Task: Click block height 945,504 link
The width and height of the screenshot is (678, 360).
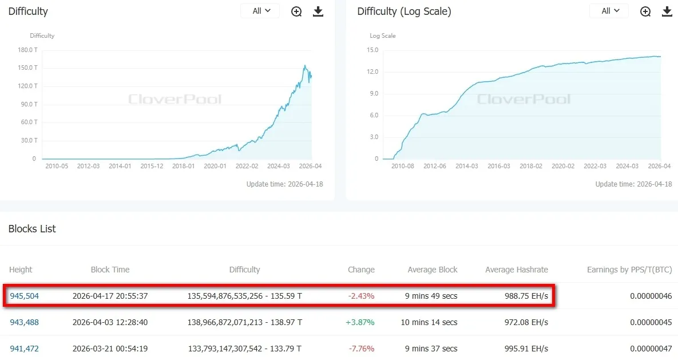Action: tap(25, 296)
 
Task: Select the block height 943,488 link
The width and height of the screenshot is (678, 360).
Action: tap(25, 322)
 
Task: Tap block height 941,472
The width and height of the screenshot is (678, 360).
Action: tap(25, 349)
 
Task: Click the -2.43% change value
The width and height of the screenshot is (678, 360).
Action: tap(362, 296)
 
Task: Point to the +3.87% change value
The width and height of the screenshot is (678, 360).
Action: tap(360, 322)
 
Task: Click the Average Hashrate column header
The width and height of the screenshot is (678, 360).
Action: tap(516, 270)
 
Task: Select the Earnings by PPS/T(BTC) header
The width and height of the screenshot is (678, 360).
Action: tap(629, 270)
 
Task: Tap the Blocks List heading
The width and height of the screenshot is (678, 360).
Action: tap(32, 229)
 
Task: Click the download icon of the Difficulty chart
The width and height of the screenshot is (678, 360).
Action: tap(318, 11)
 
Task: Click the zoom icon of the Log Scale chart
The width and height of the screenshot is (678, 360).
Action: tap(645, 11)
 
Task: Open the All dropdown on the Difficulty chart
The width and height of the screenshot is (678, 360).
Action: tap(261, 11)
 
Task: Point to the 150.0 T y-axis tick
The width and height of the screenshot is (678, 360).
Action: tap(28, 68)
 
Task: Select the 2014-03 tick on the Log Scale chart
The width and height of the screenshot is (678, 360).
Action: tap(466, 166)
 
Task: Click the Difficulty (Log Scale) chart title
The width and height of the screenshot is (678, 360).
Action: tap(404, 11)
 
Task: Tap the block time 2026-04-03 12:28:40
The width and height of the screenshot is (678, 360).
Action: tap(110, 322)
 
